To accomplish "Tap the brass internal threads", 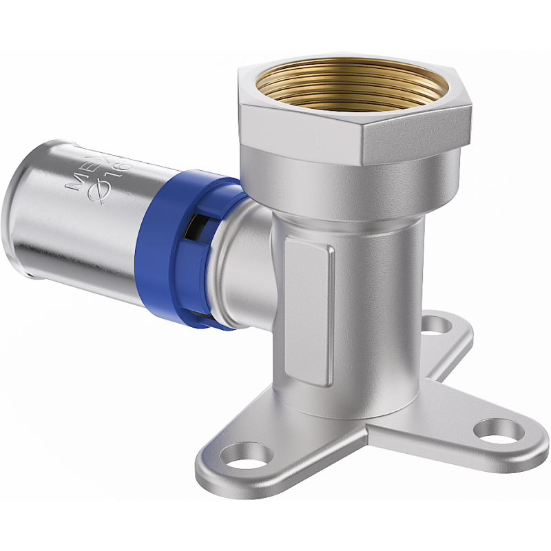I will [x=344, y=86].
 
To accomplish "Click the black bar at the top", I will [x=275, y=24].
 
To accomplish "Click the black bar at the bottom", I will [x=275, y=526].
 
